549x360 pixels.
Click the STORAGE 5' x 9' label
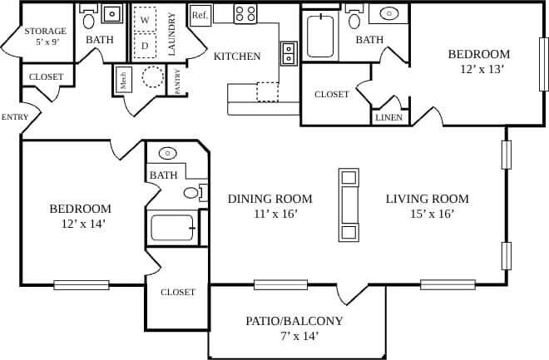45,37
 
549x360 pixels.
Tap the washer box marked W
145,19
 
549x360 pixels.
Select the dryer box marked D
145,46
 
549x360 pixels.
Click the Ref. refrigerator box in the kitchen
200,15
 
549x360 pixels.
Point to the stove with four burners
245,13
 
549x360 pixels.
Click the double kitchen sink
289,52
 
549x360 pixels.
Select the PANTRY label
178,81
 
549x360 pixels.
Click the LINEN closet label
389,118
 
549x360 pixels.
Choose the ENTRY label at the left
14,116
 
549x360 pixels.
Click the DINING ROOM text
270,199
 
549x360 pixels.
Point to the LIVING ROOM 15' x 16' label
428,206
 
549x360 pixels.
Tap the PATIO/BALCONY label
294,321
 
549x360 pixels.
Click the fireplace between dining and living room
349,205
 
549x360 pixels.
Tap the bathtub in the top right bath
319,35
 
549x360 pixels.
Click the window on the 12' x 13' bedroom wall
544,64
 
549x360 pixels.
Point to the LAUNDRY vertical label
171,34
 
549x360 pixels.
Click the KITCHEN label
237,57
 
